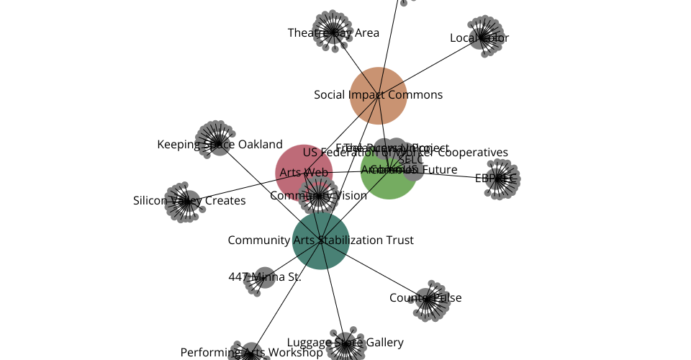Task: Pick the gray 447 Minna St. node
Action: click(x=265, y=277)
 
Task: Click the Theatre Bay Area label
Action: click(x=333, y=32)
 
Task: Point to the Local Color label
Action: click(x=479, y=38)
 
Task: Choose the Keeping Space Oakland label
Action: click(x=220, y=145)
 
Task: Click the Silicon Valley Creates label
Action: click(x=189, y=201)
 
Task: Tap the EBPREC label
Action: click(x=496, y=179)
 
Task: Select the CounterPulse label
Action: click(x=425, y=298)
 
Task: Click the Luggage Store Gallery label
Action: click(x=345, y=343)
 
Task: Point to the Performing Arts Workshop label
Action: click(x=251, y=353)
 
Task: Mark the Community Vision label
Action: click(x=318, y=196)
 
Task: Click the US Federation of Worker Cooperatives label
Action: click(x=405, y=153)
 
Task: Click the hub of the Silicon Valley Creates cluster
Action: click(x=186, y=202)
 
